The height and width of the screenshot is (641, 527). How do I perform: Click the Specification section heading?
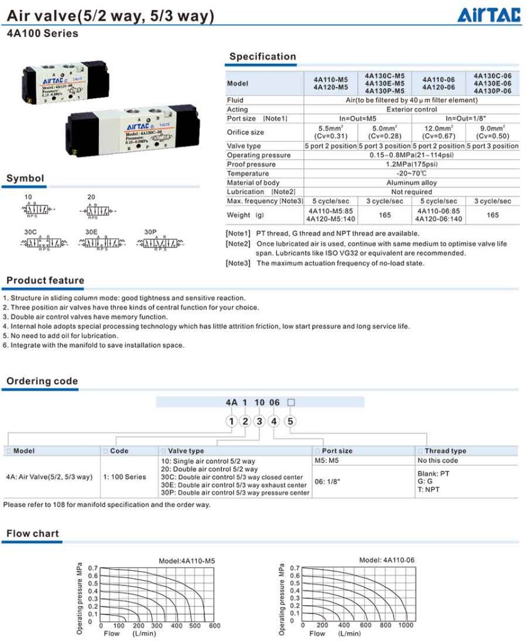pos(262,56)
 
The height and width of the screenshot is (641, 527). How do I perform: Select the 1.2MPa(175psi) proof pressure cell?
pos(411,164)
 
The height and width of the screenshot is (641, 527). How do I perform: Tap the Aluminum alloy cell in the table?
pos(411,183)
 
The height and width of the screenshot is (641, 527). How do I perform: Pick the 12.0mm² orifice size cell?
pos(438,131)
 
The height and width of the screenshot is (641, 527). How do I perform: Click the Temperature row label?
pos(248,173)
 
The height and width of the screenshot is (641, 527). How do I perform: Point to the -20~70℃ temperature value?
pos(411,173)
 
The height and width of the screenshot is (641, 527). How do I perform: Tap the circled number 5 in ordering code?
pos(290,421)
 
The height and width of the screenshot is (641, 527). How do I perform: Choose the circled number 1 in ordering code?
pos(231,421)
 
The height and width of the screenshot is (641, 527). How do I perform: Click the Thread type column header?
pos(445,451)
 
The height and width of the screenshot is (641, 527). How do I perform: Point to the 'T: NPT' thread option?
pos(429,490)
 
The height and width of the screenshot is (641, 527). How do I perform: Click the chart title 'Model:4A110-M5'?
pos(187,561)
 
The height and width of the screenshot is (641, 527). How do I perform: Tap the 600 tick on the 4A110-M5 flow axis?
pos(214,625)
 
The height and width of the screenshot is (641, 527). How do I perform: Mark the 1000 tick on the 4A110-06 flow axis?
pos(406,625)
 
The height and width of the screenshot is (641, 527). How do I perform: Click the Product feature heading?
pos(45,280)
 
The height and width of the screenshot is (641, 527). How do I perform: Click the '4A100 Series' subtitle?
pos(43,34)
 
